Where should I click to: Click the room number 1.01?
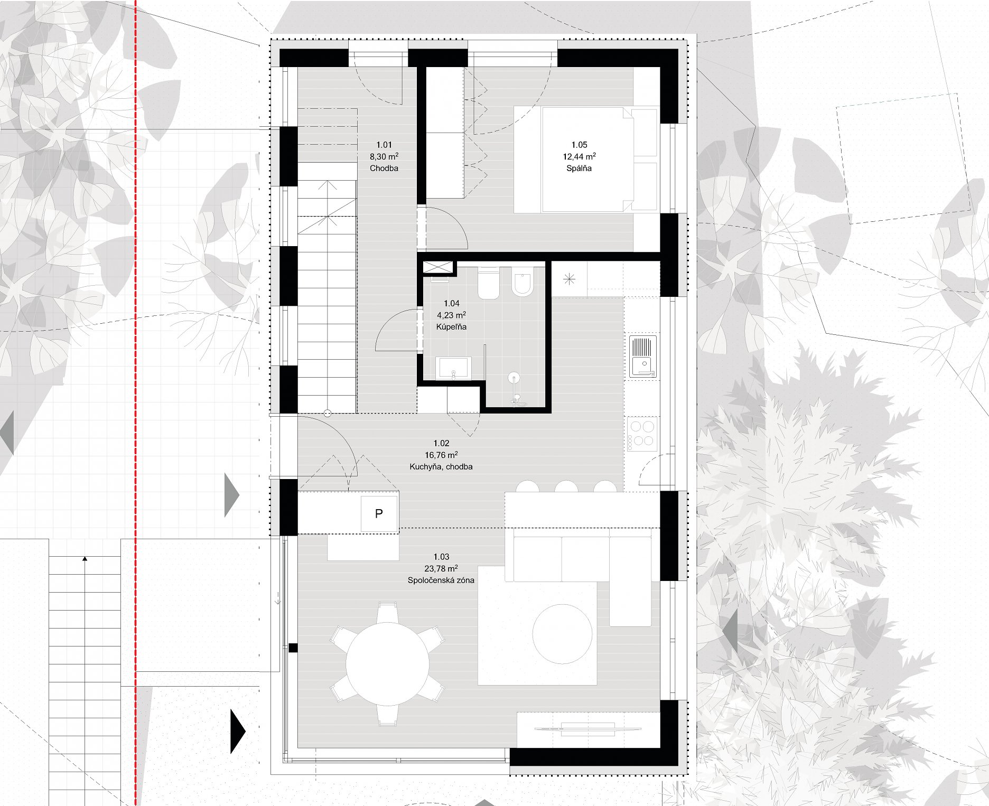point(384,145)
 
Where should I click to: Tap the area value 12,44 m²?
point(579,156)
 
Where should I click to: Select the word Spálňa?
point(579,168)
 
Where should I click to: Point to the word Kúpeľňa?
point(451,327)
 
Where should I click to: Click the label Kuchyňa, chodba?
point(441,467)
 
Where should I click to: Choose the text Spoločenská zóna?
point(441,580)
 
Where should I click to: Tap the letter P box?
point(379,513)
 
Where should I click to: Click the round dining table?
point(388,664)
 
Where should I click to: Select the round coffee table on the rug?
point(562,634)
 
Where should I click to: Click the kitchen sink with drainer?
point(643,357)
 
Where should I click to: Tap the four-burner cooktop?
point(642,434)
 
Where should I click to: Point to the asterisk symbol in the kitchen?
point(569,279)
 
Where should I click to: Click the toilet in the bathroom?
point(489,283)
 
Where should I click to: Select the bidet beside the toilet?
point(522,282)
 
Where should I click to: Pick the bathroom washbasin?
point(453,368)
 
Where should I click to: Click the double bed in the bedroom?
point(585,160)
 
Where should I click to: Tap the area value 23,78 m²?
point(441,568)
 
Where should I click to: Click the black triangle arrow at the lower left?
point(238,731)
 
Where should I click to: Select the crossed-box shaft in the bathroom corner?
point(438,267)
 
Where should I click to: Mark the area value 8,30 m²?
point(384,156)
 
